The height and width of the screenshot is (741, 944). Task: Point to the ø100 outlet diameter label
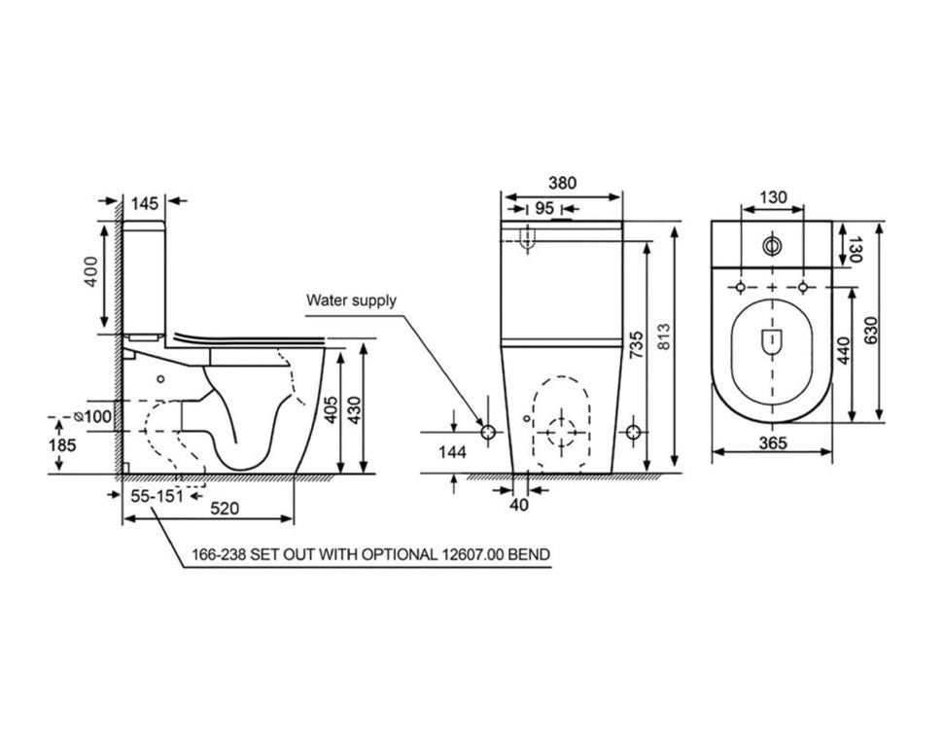tap(97, 416)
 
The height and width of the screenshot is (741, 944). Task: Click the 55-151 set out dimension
tap(157, 496)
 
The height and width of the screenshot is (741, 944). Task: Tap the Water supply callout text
tap(352, 300)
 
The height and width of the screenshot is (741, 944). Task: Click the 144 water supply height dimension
tap(453, 452)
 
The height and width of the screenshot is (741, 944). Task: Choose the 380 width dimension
tap(562, 183)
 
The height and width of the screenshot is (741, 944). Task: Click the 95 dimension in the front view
tap(543, 208)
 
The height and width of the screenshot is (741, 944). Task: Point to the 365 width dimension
tap(772, 441)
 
